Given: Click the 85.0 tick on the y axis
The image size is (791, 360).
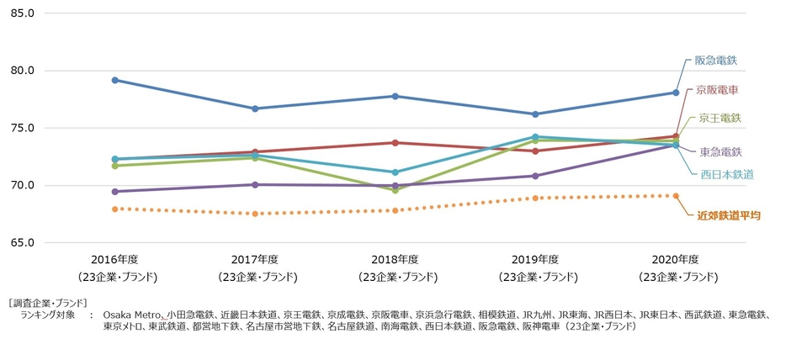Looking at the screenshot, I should click(22, 13).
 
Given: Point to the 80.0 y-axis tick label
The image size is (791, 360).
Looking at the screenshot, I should click(22, 71).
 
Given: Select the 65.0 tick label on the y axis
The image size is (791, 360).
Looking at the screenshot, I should click(22, 242).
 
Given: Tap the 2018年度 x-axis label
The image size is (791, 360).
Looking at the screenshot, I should click(395, 259).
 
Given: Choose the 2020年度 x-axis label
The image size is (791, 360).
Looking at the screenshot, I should click(675, 259).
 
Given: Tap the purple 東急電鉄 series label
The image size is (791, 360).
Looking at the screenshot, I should click(720, 151).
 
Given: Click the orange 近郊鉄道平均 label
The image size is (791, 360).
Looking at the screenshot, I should click(728, 216).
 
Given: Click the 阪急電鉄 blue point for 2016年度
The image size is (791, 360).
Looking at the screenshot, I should click(114, 80).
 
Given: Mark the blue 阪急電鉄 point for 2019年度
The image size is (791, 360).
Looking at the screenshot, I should click(535, 114).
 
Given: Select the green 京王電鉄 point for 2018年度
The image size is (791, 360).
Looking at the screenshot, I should click(395, 190).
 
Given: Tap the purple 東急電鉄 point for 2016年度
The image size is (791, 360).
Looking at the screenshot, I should click(114, 192).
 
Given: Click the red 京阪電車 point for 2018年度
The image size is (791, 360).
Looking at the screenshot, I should click(395, 142).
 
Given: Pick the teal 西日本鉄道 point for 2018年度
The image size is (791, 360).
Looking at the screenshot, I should click(395, 172).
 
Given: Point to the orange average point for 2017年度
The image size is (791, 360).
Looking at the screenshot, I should click(255, 214).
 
